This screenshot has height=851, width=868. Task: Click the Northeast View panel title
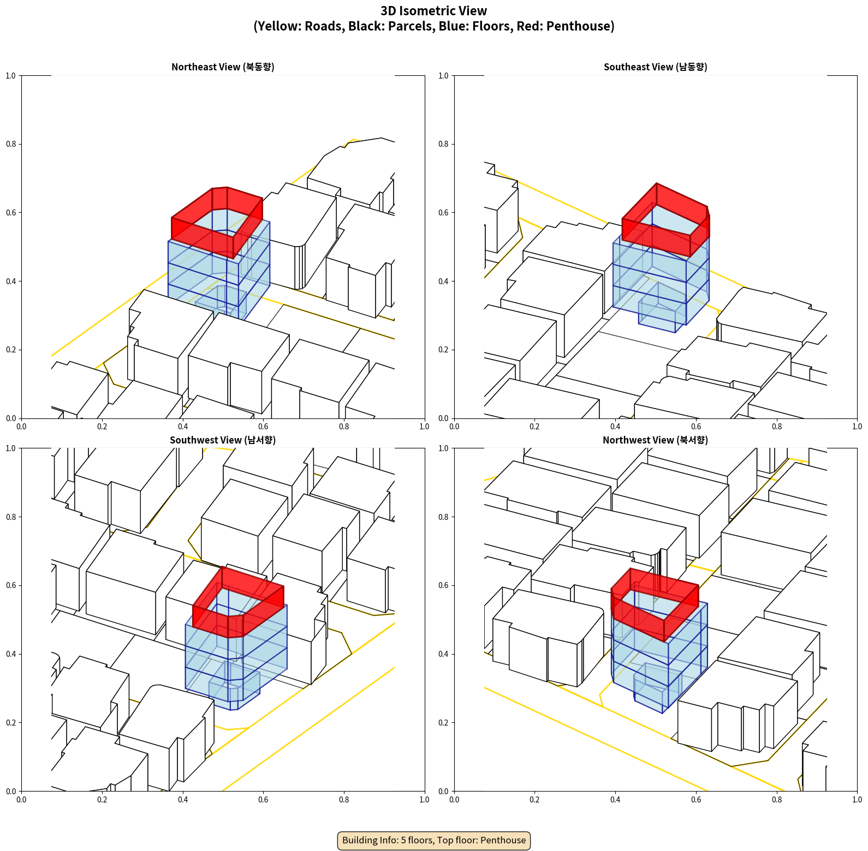(x=223, y=67)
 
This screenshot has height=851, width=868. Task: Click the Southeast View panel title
(x=655, y=67)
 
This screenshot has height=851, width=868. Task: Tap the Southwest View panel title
(x=223, y=440)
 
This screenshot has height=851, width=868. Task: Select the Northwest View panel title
(x=655, y=440)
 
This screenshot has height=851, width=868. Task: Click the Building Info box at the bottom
(x=434, y=840)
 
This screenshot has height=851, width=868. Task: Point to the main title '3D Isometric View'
(x=434, y=11)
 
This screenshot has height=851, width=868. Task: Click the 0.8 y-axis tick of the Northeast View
(x=10, y=144)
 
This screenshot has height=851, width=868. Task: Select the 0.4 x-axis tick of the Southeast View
(x=615, y=427)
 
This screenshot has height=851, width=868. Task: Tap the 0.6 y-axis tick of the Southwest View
(x=10, y=585)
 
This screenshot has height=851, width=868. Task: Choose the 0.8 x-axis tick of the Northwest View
(x=777, y=800)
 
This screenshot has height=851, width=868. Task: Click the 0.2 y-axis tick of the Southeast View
(x=443, y=350)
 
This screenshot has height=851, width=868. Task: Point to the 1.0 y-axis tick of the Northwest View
(x=443, y=448)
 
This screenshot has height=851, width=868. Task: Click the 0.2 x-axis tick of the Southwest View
(x=102, y=800)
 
